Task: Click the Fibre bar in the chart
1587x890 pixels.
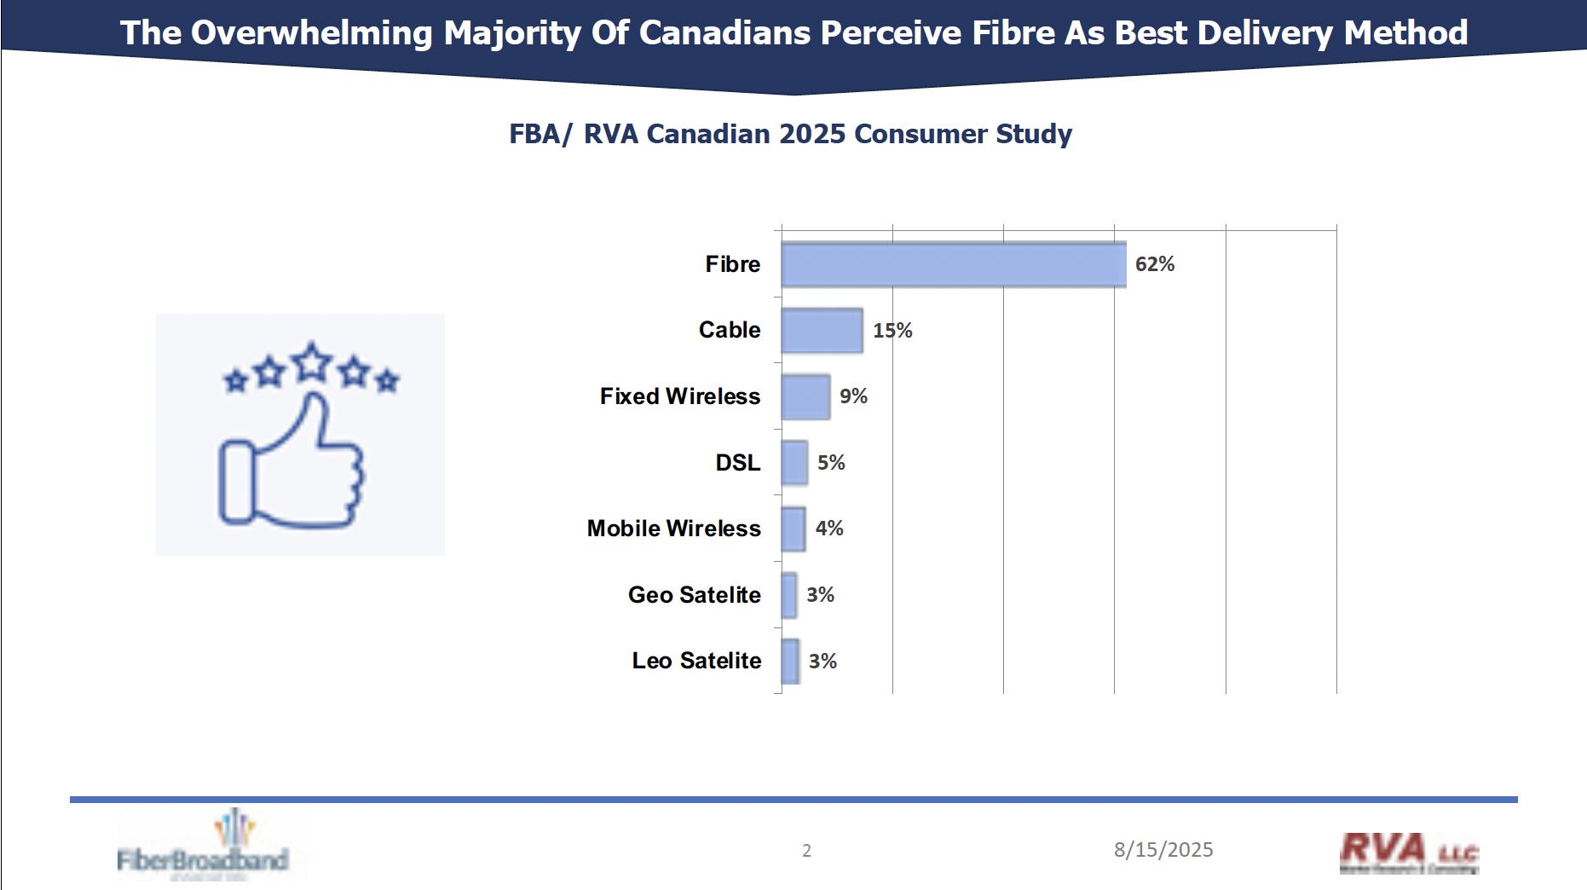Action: coord(953,264)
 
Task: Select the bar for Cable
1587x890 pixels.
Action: coord(822,331)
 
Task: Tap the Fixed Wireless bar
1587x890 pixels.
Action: coord(805,396)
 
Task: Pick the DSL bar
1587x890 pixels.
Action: coord(794,463)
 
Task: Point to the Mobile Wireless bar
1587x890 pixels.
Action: coord(793,529)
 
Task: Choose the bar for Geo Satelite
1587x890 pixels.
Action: coord(789,595)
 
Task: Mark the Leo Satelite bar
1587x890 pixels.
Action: coord(790,662)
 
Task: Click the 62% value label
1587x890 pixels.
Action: coord(1155,264)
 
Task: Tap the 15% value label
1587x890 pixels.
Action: coord(892,331)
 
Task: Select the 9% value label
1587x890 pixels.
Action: coord(853,396)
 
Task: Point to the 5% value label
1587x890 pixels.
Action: coord(831,463)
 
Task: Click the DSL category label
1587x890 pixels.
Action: coord(737,463)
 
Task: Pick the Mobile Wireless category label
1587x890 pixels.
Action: coord(673,529)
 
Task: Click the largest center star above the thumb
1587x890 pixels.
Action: coord(312,362)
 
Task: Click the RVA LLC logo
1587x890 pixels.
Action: coord(1408,852)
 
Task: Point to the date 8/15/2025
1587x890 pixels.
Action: coord(1163,850)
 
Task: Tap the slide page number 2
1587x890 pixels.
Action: coord(806,851)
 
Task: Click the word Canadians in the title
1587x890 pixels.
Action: coord(724,33)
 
